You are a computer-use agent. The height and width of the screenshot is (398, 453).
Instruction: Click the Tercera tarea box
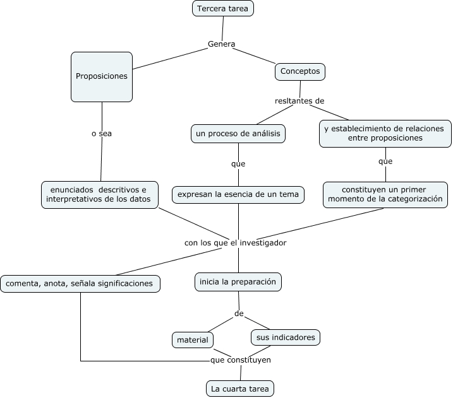pyautogui.click(x=223, y=8)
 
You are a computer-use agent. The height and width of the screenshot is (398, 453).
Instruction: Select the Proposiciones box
pyautogui.click(x=102, y=77)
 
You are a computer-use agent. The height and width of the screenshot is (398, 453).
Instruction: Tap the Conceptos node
pyautogui.click(x=300, y=71)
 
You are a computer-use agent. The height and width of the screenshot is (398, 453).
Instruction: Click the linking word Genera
pyautogui.click(x=221, y=44)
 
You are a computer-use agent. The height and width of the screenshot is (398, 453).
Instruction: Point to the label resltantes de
pyautogui.click(x=299, y=101)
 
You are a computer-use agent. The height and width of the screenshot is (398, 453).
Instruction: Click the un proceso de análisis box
pyautogui.click(x=238, y=134)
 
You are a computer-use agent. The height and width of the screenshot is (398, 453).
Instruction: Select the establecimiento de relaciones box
pyautogui.click(x=385, y=134)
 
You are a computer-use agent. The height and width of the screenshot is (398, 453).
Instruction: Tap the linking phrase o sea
pyautogui.click(x=102, y=134)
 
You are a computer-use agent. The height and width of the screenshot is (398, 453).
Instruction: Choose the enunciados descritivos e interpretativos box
pyautogui.click(x=100, y=195)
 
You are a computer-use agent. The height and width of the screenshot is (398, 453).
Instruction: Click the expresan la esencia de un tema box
pyautogui.click(x=238, y=195)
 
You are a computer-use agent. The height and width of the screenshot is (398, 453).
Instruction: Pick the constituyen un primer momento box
pyautogui.click(x=385, y=195)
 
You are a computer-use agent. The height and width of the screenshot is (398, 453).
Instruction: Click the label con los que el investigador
pyautogui.click(x=235, y=243)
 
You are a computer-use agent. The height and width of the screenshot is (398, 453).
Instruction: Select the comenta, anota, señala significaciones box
pyautogui.click(x=80, y=284)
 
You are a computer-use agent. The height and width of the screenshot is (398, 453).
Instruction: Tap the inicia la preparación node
pyautogui.click(x=238, y=282)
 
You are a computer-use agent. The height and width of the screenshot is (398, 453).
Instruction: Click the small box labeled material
pyautogui.click(x=193, y=340)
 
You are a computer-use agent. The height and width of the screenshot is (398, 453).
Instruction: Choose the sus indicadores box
pyautogui.click(x=286, y=337)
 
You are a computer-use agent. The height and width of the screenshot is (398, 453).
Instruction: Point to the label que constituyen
pyautogui.click(x=240, y=360)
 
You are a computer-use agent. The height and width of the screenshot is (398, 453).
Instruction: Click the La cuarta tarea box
pyautogui.click(x=240, y=389)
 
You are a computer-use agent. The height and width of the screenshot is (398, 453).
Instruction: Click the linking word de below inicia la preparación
pyautogui.click(x=239, y=313)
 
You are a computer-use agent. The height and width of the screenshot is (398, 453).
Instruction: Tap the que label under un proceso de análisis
pyautogui.click(x=238, y=164)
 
